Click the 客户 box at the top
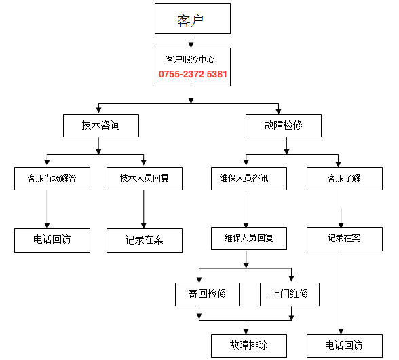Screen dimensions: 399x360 (x=193, y=18)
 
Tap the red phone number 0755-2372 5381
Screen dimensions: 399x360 (x=193, y=74)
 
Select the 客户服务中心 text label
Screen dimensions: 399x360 (x=190, y=59)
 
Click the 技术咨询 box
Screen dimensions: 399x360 (x=101, y=126)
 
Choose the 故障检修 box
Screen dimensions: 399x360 (x=284, y=126)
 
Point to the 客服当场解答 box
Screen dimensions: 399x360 (x=52, y=179)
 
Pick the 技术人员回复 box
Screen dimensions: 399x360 (x=145, y=179)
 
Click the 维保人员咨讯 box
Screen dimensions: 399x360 (x=249, y=179)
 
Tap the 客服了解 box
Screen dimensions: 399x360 (x=345, y=179)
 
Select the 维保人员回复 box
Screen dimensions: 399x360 (x=249, y=238)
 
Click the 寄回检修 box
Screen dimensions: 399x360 (x=207, y=294)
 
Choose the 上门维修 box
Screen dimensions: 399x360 (x=290, y=294)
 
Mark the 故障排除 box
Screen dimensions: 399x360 (x=249, y=346)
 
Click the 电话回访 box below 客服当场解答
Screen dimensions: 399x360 (x=52, y=240)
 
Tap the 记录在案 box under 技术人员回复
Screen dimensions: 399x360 (x=145, y=240)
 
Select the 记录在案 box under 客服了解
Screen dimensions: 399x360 (x=345, y=239)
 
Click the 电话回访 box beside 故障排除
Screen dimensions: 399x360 (x=345, y=346)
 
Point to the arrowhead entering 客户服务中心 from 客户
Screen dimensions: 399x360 (x=191, y=45)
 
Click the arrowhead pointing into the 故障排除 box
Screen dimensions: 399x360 (x=246, y=331)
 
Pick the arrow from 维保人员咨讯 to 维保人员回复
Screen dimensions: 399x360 (x=246, y=210)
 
